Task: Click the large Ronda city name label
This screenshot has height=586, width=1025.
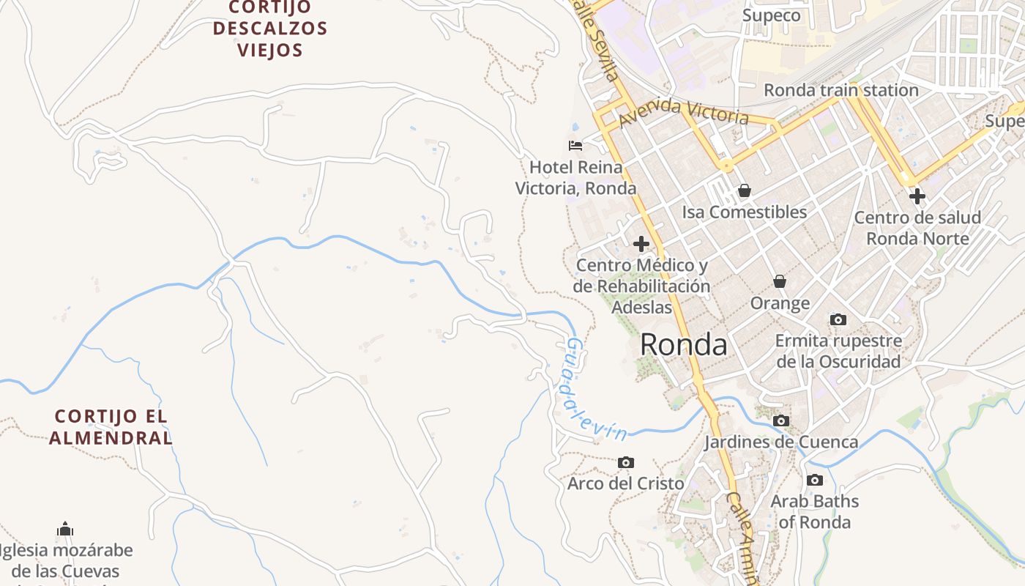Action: pos(684,345)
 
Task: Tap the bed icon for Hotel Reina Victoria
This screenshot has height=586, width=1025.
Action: pos(575,146)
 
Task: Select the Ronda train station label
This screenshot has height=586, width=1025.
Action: pos(840,90)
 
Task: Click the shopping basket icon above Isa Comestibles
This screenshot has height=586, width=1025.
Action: pos(745,190)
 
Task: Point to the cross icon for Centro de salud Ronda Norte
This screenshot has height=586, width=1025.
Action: pos(917,196)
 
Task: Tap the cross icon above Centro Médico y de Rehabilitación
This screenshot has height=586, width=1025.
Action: pos(641,243)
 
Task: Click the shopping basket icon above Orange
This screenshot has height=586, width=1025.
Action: pos(780,281)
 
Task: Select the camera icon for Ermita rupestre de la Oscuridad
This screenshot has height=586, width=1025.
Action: pos(838,319)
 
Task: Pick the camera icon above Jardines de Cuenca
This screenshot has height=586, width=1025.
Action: pos(781,420)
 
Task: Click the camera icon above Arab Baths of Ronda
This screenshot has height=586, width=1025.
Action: pos(814,481)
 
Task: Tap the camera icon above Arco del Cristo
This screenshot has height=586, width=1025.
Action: pos(626,462)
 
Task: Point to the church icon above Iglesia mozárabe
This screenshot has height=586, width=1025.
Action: pos(65,529)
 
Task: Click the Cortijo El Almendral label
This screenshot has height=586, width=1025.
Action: pos(111,427)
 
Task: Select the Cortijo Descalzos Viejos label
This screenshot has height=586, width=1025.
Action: pos(269,29)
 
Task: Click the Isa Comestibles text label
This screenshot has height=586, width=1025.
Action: pos(745,212)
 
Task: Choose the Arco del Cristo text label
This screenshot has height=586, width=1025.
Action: pos(626,483)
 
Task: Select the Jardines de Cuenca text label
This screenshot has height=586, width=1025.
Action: pos(781,442)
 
